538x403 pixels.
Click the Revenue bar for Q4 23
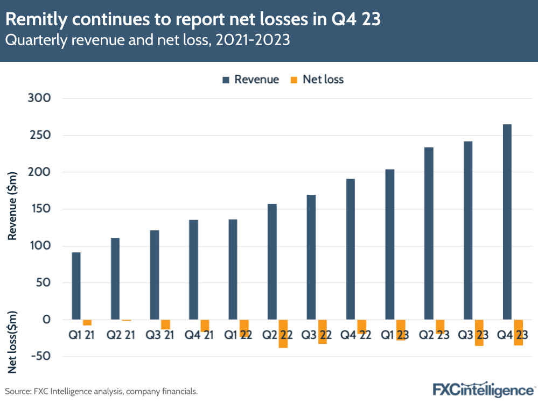point(507,222)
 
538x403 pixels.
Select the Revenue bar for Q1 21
point(76,286)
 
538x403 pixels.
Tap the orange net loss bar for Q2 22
point(283,334)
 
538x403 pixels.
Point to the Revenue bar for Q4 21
point(194,270)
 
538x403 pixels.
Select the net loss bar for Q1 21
point(87,322)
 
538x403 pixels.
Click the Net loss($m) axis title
point(12,342)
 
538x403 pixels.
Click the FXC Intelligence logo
point(484,389)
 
